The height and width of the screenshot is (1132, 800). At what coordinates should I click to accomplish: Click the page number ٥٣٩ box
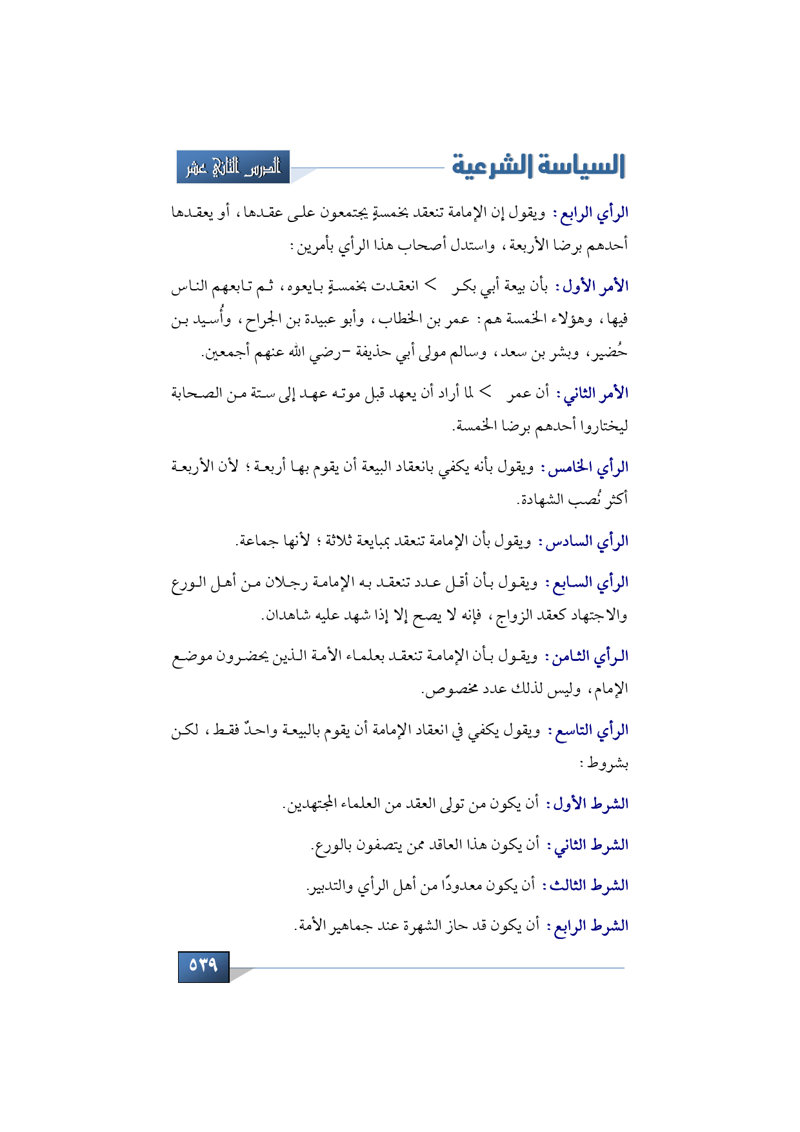point(203,966)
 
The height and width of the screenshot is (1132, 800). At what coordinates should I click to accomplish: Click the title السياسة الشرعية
point(538,166)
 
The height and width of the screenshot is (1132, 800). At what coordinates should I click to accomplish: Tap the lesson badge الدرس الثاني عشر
point(233,167)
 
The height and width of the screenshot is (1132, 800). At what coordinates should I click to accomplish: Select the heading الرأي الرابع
point(594,213)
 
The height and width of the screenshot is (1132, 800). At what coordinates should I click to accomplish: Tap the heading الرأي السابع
point(590,583)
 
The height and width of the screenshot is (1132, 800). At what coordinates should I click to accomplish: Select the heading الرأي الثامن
point(590,657)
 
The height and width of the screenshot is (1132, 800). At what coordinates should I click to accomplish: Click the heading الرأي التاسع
point(591,731)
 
